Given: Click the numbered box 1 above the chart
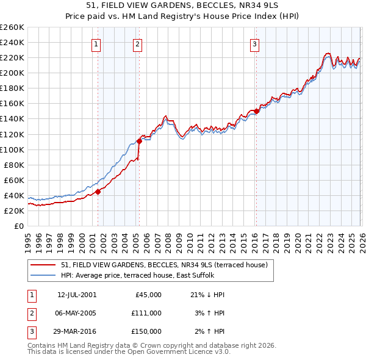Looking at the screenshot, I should [97, 44].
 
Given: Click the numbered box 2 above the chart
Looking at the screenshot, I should [138, 44].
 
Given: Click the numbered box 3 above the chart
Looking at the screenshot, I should [254, 44].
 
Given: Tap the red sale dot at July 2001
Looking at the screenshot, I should [98, 192].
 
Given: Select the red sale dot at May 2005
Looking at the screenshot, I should [139, 141].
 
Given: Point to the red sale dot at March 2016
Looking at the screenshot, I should [256, 111].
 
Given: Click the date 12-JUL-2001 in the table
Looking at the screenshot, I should [76, 295].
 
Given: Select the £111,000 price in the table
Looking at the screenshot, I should [146, 313].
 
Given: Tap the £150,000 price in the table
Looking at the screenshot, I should [146, 331].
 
